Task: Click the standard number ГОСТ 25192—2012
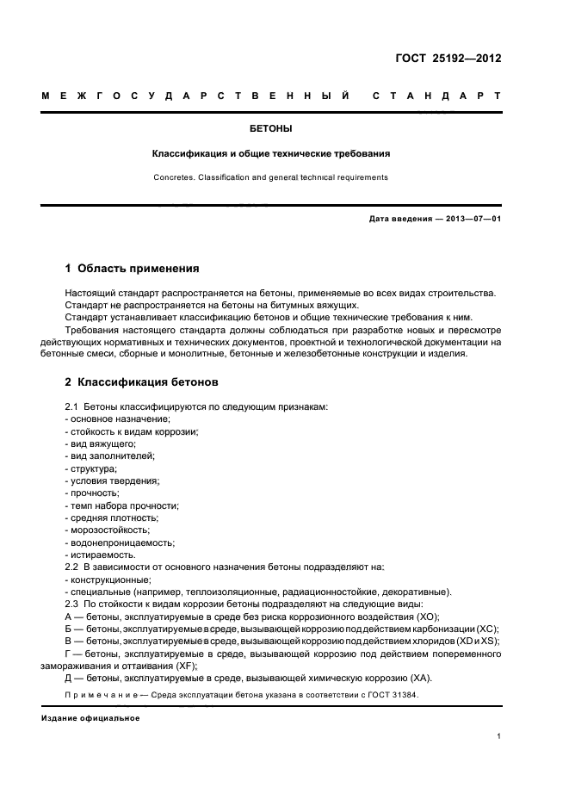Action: pyautogui.click(x=448, y=59)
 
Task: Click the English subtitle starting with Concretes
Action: pyautogui.click(x=270, y=177)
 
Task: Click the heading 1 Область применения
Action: pyautogui.click(x=132, y=268)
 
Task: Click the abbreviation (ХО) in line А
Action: pyautogui.click(x=426, y=617)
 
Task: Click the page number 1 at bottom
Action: pyautogui.click(x=499, y=735)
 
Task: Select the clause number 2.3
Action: pyautogui.click(x=72, y=604)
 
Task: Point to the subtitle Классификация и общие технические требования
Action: pyautogui.click(x=270, y=154)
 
